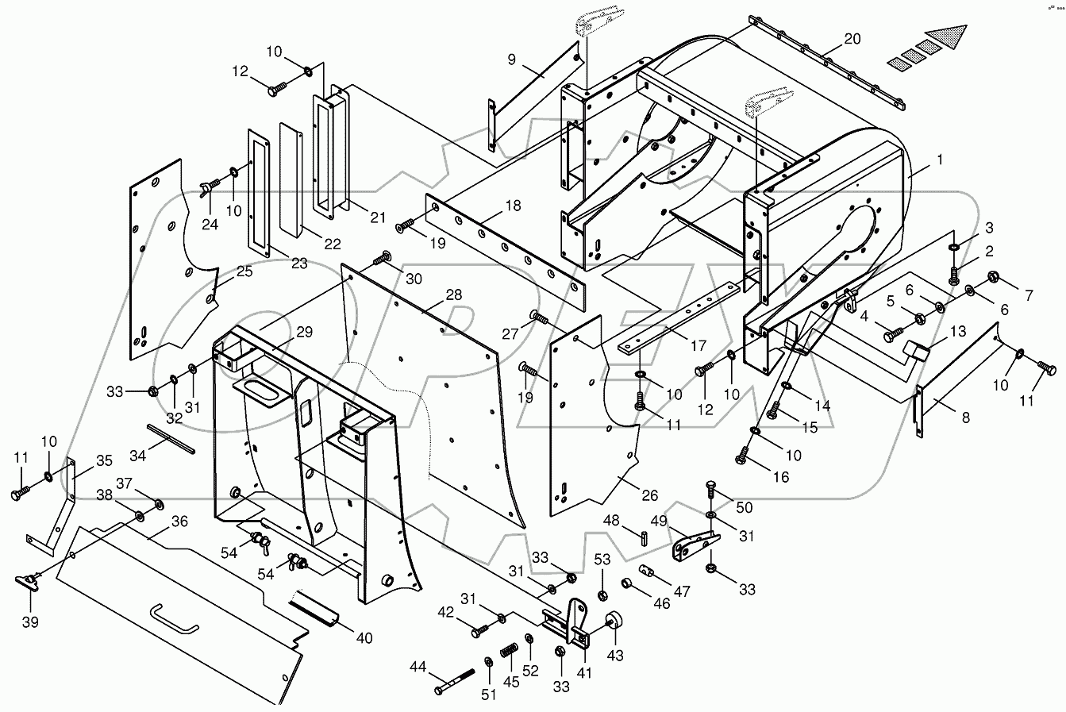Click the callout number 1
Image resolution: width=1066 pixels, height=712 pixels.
pos(940,160)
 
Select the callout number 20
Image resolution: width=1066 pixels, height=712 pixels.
pos(829,38)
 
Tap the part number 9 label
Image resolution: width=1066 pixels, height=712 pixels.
pos(512,59)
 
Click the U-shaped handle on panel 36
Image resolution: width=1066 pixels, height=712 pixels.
pos(175,618)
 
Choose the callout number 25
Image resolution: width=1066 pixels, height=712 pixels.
pos(244,271)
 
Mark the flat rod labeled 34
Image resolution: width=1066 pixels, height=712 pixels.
pos(171,438)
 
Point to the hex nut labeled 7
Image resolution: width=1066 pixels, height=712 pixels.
pos(991,278)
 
